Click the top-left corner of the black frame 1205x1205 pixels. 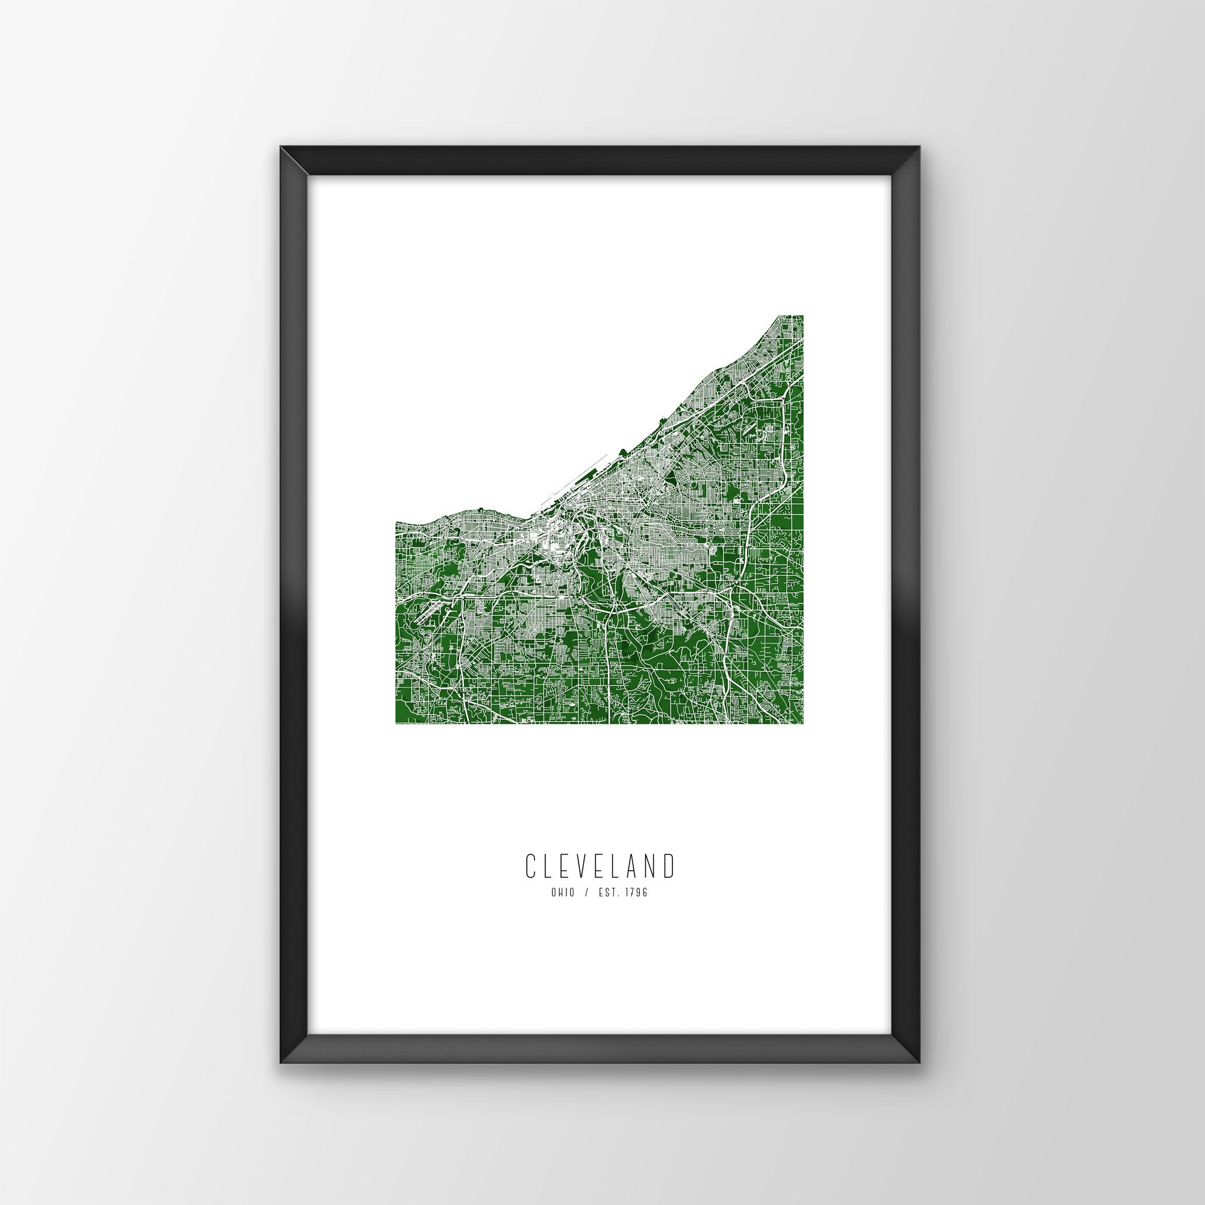281,163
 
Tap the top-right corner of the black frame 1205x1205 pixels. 921,163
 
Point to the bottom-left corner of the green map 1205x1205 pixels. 396,724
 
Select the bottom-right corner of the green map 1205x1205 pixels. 802,724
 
